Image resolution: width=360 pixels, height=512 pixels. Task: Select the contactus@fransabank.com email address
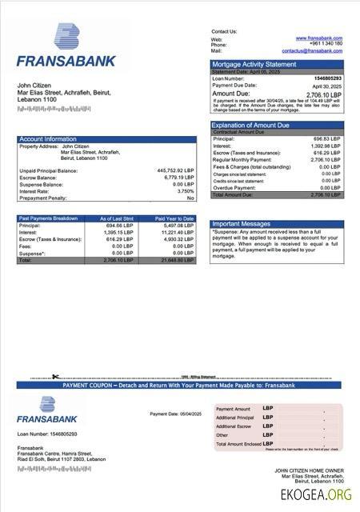click(311, 50)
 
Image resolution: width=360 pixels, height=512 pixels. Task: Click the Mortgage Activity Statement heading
click(253, 64)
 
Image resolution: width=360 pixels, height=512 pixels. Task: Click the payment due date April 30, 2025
click(327, 86)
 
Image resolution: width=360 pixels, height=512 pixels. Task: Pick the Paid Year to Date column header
click(174, 218)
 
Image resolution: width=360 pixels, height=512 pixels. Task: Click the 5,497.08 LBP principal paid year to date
click(178, 226)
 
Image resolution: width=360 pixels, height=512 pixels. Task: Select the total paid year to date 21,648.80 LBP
click(176, 260)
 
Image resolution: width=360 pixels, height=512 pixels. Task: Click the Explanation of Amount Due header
click(250, 126)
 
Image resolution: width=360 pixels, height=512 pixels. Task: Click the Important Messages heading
click(242, 224)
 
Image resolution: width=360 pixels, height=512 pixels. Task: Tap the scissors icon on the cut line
click(56, 377)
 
